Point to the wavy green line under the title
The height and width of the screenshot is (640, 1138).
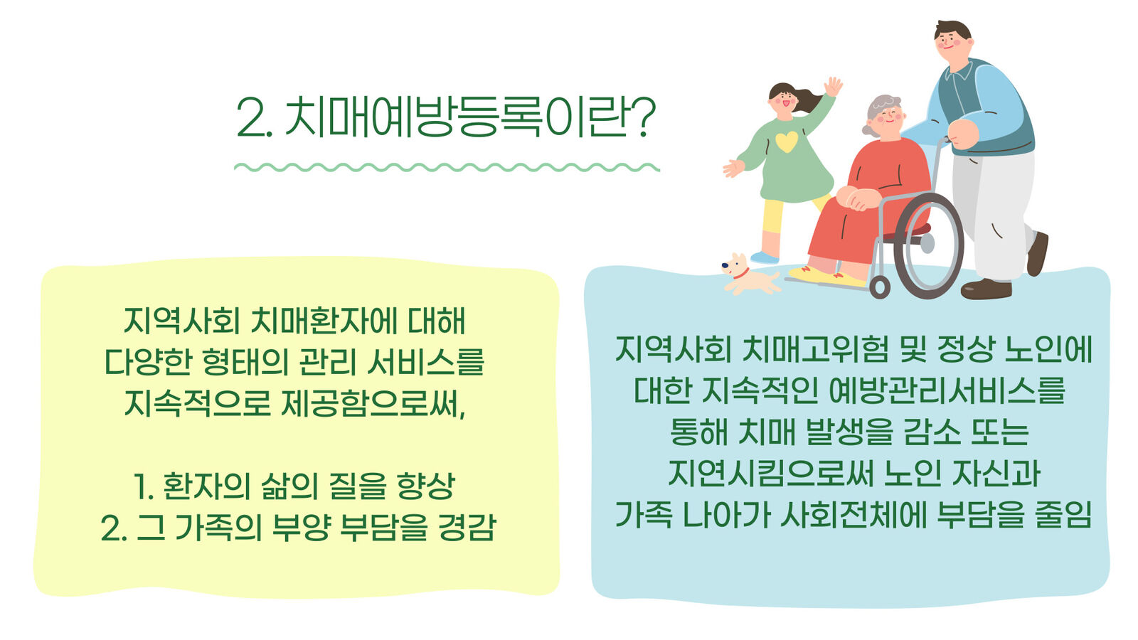tap(447, 167)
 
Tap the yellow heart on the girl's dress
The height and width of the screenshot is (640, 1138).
tap(787, 142)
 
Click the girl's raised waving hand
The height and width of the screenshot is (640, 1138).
tap(833, 86)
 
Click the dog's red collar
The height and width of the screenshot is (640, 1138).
tap(740, 274)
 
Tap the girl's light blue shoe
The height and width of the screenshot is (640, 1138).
tap(765, 257)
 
